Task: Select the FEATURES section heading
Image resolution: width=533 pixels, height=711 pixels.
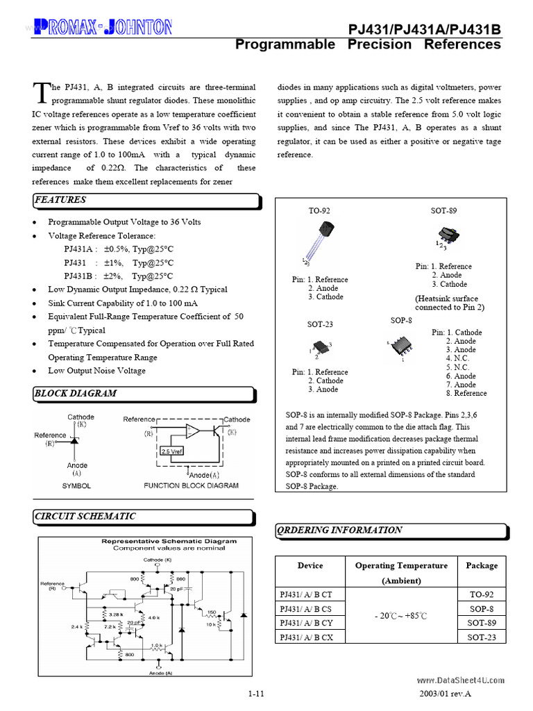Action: (x=60, y=200)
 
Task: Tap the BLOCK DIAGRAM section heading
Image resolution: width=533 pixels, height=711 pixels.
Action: (x=76, y=393)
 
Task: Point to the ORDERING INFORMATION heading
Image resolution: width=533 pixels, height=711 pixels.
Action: (x=339, y=530)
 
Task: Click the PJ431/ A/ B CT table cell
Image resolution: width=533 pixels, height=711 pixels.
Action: (x=306, y=594)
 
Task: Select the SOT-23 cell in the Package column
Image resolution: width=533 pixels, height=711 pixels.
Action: (x=481, y=637)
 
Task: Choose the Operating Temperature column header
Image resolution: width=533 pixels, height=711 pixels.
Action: (x=401, y=572)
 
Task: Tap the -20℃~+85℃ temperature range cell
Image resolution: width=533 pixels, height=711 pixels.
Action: (x=401, y=616)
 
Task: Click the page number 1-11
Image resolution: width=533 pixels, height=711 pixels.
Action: (x=255, y=694)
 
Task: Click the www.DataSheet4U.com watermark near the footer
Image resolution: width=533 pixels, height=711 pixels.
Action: (x=460, y=680)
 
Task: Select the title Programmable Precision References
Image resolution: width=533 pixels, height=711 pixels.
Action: (x=368, y=44)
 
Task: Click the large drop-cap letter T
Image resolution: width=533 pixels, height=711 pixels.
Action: (x=41, y=92)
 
